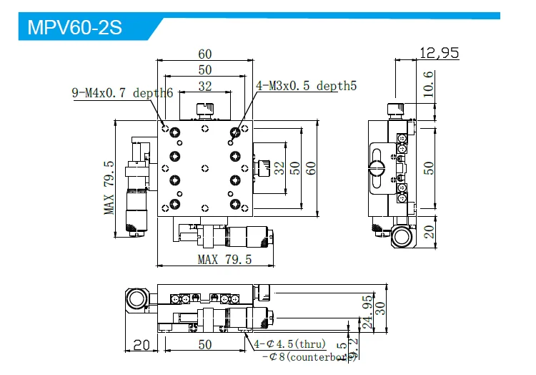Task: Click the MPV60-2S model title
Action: click(75, 28)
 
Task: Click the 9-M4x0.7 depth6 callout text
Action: click(122, 92)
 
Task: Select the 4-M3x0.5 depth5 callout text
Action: click(306, 86)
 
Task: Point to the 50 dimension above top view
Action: click(205, 70)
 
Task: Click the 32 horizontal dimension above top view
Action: click(205, 86)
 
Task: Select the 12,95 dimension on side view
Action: click(439, 52)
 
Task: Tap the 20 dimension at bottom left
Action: click(142, 345)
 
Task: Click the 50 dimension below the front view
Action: click(204, 345)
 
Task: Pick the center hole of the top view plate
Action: click(205, 168)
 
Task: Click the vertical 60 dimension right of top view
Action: click(311, 167)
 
